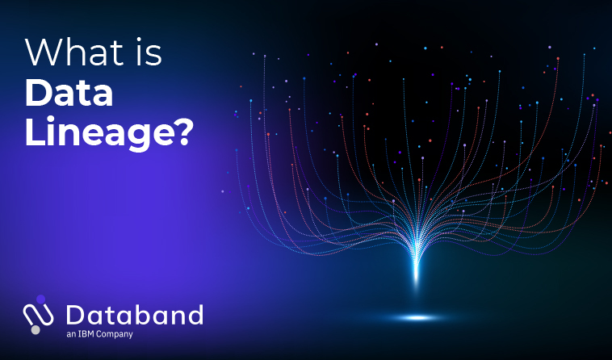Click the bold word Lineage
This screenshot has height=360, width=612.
94,132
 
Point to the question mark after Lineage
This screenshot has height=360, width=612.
180,132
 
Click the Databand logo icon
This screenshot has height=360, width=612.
38,314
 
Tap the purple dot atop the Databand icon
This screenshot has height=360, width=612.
40,299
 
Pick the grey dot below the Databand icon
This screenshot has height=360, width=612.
36,330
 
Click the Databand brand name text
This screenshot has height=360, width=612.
135,315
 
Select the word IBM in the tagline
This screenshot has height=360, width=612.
86,334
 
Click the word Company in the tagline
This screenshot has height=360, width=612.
115,335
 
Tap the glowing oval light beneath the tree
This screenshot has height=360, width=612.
417,317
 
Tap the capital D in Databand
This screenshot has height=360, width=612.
76,315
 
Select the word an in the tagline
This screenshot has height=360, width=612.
71,335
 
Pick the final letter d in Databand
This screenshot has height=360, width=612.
195,315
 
